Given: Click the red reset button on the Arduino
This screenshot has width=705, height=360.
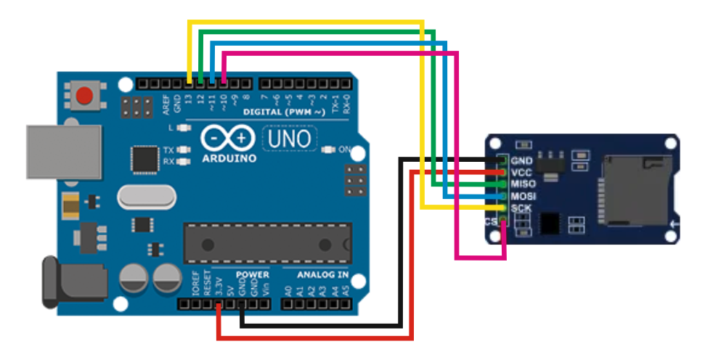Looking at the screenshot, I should pyautogui.click(x=86, y=96).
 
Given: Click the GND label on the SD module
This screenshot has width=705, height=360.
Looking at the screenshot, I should pyautogui.click(x=523, y=161).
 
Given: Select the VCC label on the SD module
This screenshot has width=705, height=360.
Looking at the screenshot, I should pyautogui.click(x=523, y=173).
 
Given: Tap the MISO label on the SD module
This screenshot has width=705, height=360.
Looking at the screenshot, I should pyautogui.click(x=523, y=184).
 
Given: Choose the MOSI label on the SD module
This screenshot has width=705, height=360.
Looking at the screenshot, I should pyautogui.click(x=523, y=196).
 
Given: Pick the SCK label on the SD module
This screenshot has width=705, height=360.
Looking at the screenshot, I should pyautogui.click(x=521, y=208).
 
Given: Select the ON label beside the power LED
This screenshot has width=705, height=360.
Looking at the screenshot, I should pyautogui.click(x=345, y=150).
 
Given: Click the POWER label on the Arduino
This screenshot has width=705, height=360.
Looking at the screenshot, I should pyautogui.click(x=253, y=275).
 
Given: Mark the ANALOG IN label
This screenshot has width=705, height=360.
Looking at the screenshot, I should pyautogui.click(x=322, y=275).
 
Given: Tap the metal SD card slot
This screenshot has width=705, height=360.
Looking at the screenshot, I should pyautogui.click(x=632, y=190).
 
